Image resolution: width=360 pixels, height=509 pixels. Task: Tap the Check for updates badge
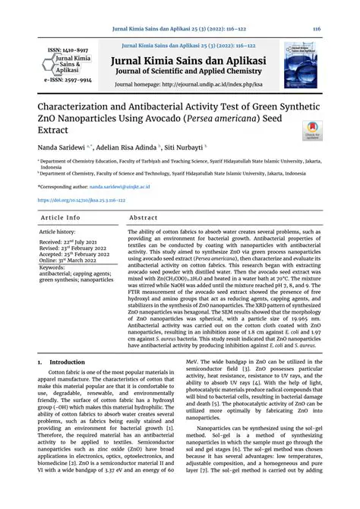pos(312,131)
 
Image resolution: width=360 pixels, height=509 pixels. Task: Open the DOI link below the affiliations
pos(81,201)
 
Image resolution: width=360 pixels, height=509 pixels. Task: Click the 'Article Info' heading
pos(61,218)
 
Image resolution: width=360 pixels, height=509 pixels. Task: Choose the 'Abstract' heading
pos(144,218)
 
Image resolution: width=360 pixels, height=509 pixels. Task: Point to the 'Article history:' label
pos(57,231)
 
